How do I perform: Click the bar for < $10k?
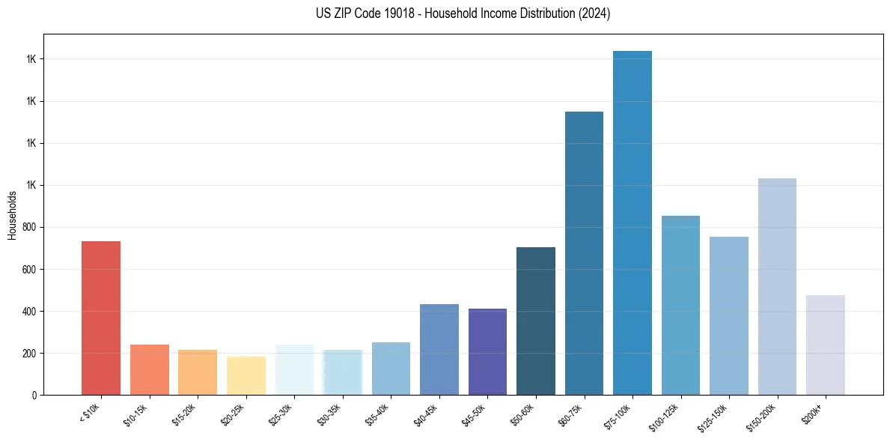[x=101, y=318]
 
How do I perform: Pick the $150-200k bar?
[x=777, y=286]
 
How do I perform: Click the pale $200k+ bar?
[x=825, y=345]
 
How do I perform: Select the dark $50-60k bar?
[x=536, y=321]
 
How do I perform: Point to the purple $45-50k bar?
[x=487, y=351]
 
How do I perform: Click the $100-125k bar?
[x=680, y=305]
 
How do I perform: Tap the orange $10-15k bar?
[x=150, y=369]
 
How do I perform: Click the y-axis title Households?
[x=12, y=215]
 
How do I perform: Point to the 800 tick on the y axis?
[x=30, y=227]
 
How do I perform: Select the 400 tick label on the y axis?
[x=30, y=311]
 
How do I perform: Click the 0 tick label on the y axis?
[x=34, y=395]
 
